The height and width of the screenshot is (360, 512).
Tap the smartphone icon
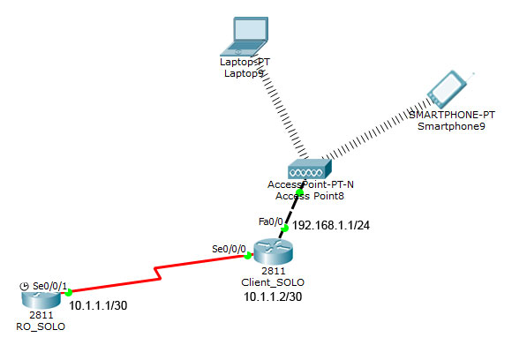click(447, 90)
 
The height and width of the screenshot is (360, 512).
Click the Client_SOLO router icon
click(271, 254)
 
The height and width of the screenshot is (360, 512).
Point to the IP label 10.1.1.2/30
click(273, 298)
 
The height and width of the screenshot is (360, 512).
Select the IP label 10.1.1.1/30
click(98, 305)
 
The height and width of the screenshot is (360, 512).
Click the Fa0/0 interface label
click(269, 221)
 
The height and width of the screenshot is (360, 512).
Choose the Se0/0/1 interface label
click(49, 286)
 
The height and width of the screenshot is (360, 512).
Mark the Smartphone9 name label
click(451, 126)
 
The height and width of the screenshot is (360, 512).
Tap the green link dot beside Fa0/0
click(284, 228)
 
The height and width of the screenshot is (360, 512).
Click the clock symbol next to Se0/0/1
click(23, 286)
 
